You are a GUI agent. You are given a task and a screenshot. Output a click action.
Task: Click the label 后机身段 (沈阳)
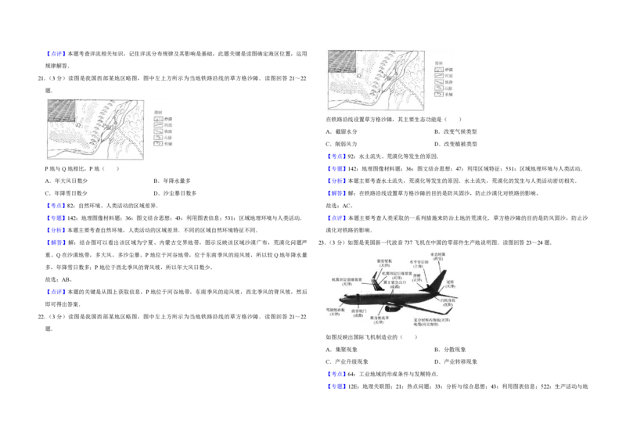[x=447, y=300]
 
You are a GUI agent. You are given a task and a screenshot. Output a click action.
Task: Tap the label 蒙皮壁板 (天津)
[x=383, y=264]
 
